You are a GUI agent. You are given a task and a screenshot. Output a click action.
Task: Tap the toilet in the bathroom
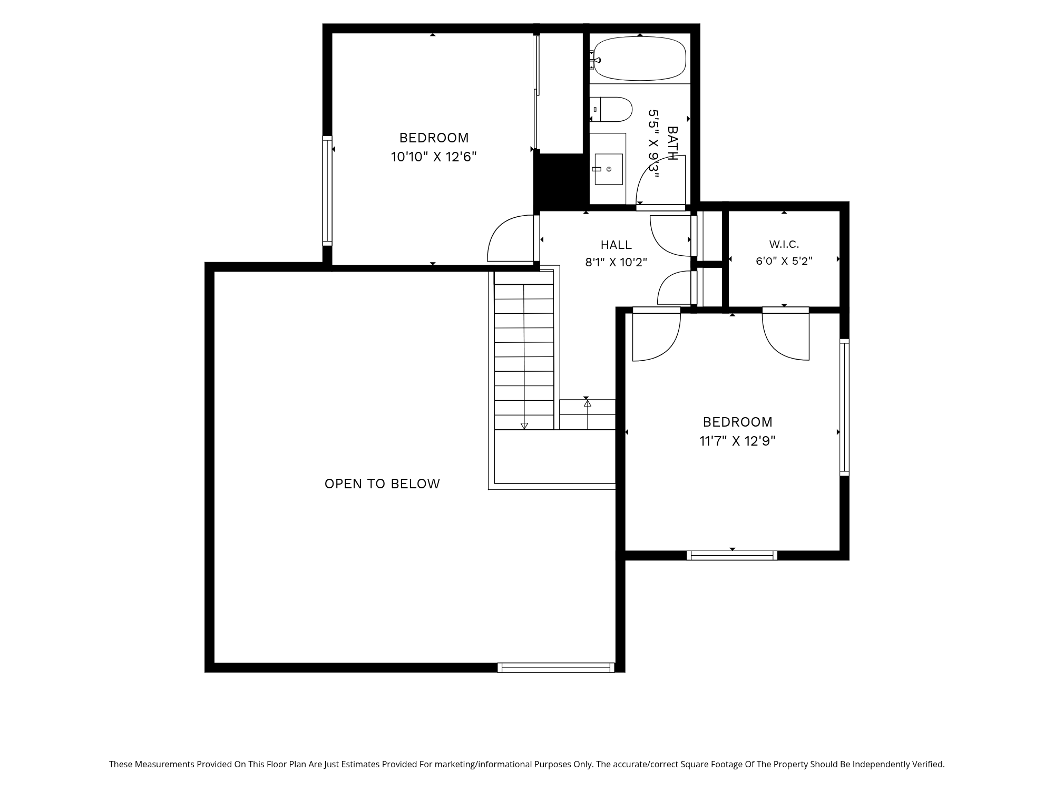pyautogui.click(x=611, y=109)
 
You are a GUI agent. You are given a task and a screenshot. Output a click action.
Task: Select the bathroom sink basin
pyautogui.click(x=609, y=169)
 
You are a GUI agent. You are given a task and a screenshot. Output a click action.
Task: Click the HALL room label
pyautogui.click(x=616, y=245)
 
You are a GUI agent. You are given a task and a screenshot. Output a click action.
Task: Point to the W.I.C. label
pyautogui.click(x=784, y=244)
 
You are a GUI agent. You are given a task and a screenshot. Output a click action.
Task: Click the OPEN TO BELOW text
pyautogui.click(x=382, y=484)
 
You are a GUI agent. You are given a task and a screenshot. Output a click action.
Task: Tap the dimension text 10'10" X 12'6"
pyautogui.click(x=434, y=157)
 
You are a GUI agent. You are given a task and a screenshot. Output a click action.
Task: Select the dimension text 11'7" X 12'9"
pyautogui.click(x=737, y=441)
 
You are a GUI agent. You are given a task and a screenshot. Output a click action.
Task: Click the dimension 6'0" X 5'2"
pyautogui.click(x=784, y=261)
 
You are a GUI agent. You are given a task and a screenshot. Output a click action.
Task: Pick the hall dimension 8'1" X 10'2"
pyautogui.click(x=616, y=262)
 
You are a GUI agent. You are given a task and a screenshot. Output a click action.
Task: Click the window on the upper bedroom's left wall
pyautogui.click(x=327, y=190)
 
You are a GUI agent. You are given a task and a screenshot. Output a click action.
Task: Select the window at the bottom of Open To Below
pyautogui.click(x=556, y=668)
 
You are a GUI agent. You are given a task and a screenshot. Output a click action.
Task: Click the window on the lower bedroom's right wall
pyautogui.click(x=844, y=408)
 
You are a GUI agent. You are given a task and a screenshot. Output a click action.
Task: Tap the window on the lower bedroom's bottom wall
pyautogui.click(x=732, y=555)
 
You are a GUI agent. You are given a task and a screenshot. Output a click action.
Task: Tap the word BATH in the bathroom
pyautogui.click(x=672, y=143)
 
